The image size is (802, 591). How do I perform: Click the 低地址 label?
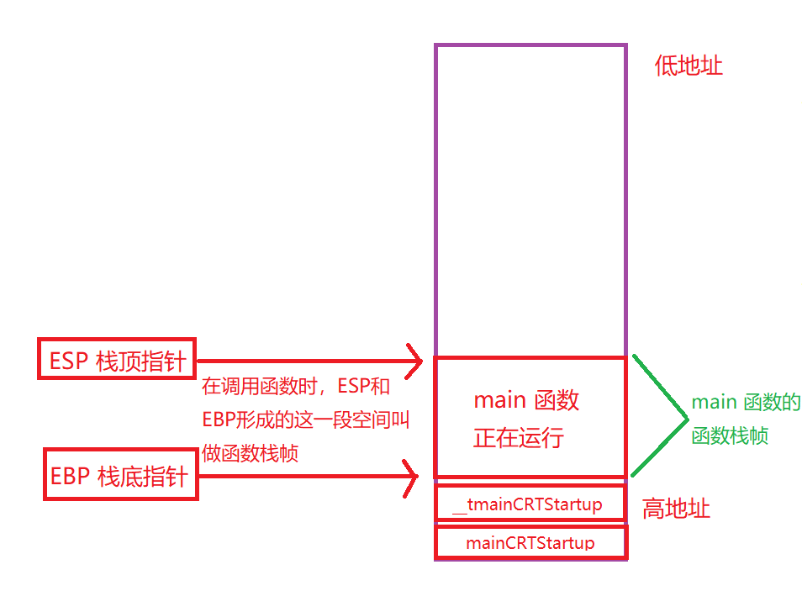689,66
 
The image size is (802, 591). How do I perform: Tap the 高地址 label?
676,509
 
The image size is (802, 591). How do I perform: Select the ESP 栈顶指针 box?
117,360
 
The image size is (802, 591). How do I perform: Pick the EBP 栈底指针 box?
120,477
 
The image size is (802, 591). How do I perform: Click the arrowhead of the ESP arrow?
414,361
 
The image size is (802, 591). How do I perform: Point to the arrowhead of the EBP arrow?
412,478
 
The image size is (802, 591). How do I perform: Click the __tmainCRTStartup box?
530,504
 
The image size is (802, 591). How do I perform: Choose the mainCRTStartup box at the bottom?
530,542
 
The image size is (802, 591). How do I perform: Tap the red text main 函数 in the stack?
526,400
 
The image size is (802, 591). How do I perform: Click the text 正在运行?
518,437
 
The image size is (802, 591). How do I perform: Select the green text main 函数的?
746,402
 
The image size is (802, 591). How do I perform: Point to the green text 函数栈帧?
730,436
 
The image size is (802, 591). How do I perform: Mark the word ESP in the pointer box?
69,361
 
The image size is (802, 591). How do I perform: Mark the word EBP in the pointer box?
70,477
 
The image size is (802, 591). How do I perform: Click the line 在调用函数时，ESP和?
295,387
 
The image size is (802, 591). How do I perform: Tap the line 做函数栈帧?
251,453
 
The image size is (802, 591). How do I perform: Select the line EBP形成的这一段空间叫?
305,420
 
